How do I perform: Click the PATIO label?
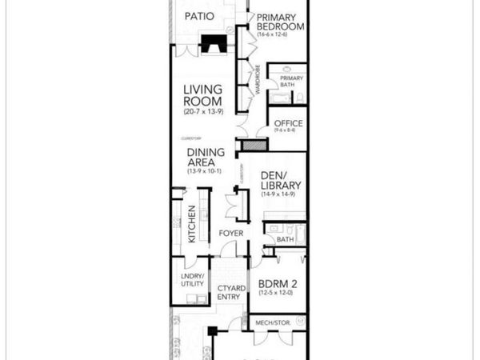click(198, 16)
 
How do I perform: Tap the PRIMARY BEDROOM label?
click(280, 22)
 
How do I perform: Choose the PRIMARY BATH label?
click(291, 82)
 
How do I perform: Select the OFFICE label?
click(289, 122)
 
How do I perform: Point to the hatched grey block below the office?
click(254, 146)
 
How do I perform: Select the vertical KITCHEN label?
click(192, 227)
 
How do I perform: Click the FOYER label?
click(231, 234)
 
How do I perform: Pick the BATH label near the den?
click(285, 238)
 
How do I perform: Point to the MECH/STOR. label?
click(273, 322)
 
